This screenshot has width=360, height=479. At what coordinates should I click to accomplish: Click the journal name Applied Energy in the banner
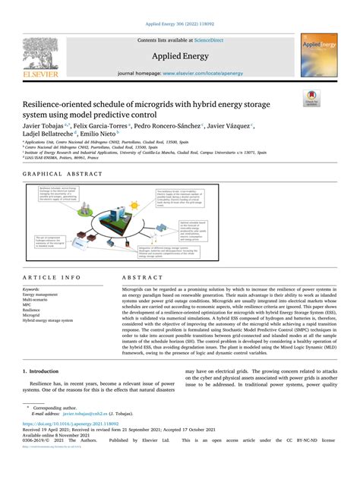pos(179,54)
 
